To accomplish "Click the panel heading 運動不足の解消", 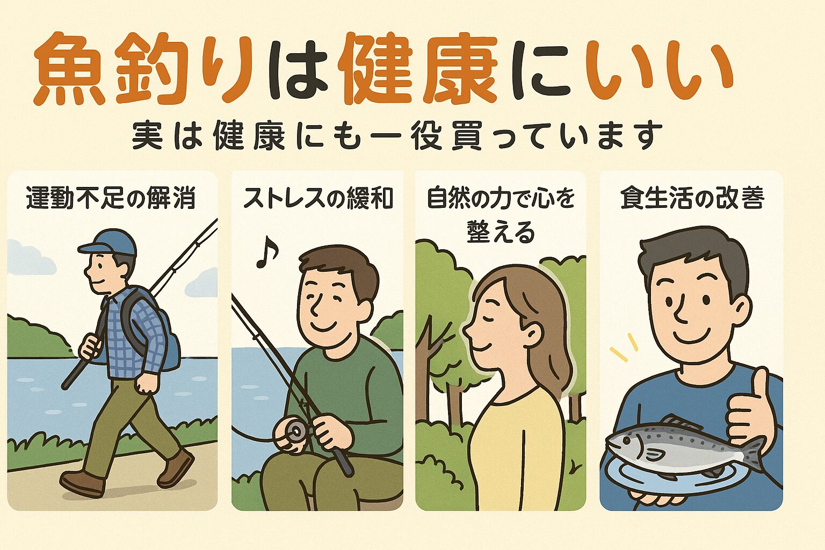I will pos(111,199).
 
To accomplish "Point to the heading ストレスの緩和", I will pos(318,199).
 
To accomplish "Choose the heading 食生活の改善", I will pos(692,199).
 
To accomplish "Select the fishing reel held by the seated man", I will pos(293,430).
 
